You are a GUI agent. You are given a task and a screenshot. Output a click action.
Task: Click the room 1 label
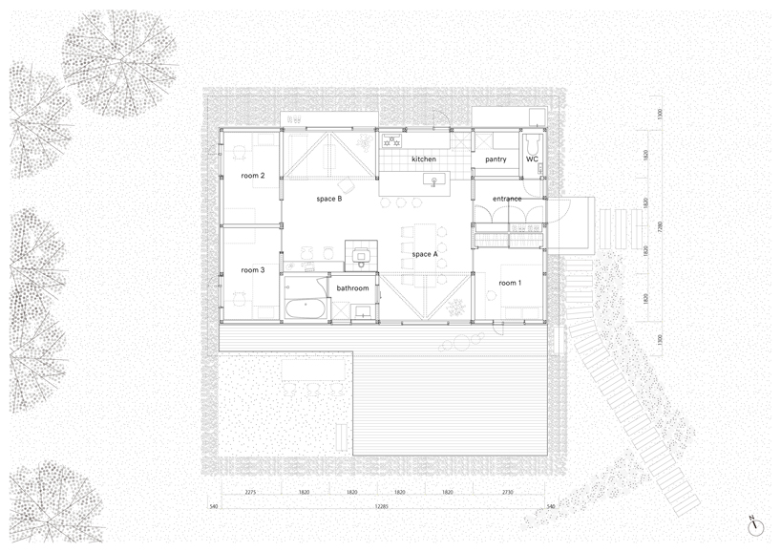(x=510, y=283)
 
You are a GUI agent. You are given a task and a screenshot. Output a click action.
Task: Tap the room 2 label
(x=252, y=177)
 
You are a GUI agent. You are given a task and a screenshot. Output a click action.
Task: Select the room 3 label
(x=252, y=271)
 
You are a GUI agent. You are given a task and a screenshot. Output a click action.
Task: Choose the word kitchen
(x=424, y=159)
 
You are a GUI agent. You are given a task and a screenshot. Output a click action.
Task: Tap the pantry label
(x=495, y=159)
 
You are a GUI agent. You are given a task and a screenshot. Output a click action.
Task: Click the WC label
(x=532, y=159)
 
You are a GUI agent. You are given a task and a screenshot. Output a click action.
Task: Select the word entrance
(x=507, y=199)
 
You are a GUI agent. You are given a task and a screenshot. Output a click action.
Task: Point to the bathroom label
(x=351, y=287)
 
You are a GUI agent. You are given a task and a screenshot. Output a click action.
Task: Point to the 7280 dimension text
(x=658, y=228)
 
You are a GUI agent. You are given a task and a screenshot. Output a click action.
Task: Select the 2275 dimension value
(x=250, y=493)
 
